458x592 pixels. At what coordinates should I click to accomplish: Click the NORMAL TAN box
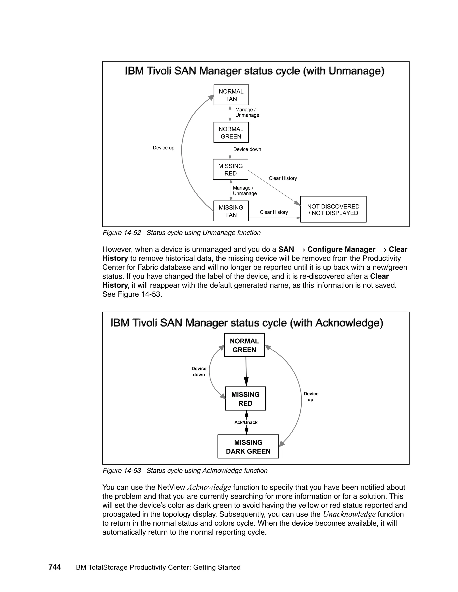tap(231, 95)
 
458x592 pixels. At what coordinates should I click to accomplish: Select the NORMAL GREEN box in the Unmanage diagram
tap(231, 132)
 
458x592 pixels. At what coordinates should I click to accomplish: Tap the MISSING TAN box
tap(231, 211)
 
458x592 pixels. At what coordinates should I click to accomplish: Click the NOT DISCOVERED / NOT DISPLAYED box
tap(333, 210)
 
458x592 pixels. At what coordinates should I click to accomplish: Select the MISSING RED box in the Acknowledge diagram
tap(245, 399)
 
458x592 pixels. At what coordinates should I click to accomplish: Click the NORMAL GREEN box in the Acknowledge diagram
tap(244, 345)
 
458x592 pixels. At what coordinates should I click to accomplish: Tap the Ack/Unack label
tap(246, 422)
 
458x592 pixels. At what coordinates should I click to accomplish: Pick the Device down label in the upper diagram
tap(247, 149)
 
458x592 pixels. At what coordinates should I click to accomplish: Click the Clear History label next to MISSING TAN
tap(274, 212)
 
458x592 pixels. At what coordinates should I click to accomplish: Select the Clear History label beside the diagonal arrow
tap(283, 178)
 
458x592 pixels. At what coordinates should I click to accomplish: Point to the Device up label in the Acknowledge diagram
tap(311, 397)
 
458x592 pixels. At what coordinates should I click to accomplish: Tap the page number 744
tap(55, 567)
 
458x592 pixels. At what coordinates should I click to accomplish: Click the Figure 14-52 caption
tap(181, 233)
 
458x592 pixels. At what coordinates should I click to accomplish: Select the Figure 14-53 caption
tap(185, 470)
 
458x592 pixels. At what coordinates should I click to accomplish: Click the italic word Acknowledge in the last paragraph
tap(209, 487)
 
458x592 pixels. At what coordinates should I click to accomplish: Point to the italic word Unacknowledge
tap(349, 514)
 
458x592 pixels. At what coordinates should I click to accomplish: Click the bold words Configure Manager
tap(341, 249)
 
